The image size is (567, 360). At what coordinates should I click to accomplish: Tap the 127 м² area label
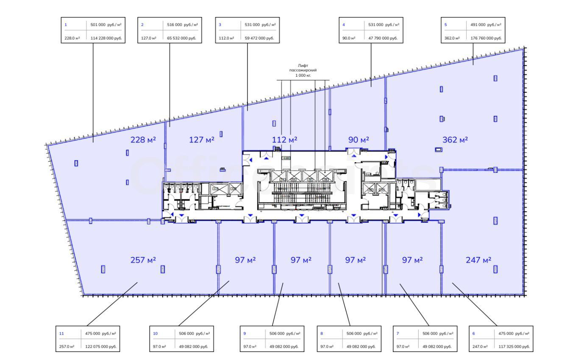point(202,140)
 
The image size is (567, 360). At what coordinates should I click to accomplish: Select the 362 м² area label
point(454,140)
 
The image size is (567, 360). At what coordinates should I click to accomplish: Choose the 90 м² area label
point(359,140)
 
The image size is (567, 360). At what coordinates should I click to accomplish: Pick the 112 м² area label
point(284,140)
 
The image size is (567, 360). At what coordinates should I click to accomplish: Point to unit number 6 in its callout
point(473,334)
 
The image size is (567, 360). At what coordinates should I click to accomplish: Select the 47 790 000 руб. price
point(383,38)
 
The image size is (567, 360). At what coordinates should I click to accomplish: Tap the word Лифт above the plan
point(303,66)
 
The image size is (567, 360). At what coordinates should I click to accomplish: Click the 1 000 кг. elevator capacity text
point(303,75)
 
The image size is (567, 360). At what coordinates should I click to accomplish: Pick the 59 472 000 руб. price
point(260,38)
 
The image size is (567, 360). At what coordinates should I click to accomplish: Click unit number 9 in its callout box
point(245,334)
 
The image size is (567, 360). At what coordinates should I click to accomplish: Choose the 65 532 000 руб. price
point(183,38)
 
